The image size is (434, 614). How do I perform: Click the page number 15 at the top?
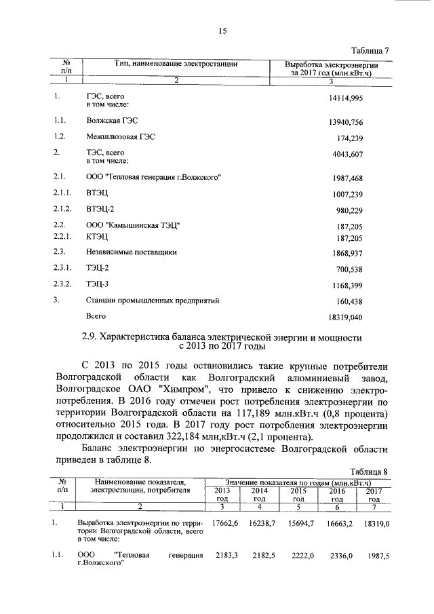click(221, 31)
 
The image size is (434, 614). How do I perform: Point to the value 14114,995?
click(345, 99)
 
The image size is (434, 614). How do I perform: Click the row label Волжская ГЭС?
click(111, 121)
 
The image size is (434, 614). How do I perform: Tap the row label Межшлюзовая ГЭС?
click(121, 137)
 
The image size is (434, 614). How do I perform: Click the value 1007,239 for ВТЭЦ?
click(347, 194)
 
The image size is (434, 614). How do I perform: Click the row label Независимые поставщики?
click(131, 252)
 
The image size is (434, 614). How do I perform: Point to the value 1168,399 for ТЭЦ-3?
click(347, 285)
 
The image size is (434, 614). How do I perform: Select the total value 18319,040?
click(345, 317)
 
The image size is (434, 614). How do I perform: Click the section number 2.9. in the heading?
click(92, 337)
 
